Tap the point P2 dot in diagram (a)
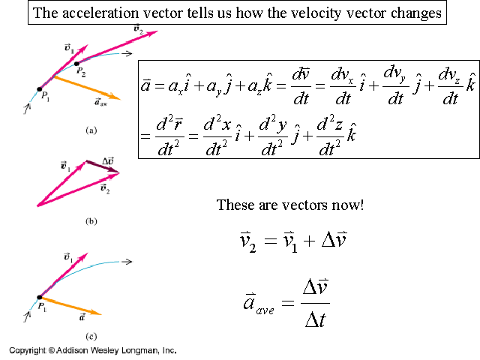(76, 64)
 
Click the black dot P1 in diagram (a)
(40, 88)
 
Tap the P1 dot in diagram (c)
(40, 298)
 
